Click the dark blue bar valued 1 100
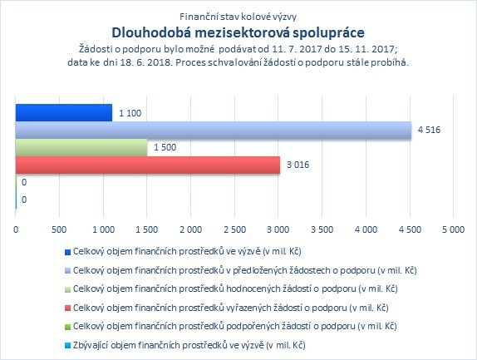coord(64,113)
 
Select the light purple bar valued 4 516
coord(214,131)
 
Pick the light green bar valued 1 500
coord(81,148)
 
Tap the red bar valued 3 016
coord(148,165)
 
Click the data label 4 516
coord(429,130)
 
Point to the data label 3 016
coord(298,165)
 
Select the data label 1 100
coord(130,113)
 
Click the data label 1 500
coord(165,148)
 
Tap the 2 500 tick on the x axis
coord(234,229)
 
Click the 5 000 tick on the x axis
coord(453,229)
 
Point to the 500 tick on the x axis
coord(59,229)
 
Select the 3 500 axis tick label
coord(322,229)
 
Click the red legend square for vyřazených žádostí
coord(67,308)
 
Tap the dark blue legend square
coord(67,252)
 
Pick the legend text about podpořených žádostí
coord(235,327)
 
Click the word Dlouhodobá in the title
coord(151,33)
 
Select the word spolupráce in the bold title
coord(328,33)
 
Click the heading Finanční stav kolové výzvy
coord(238,17)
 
